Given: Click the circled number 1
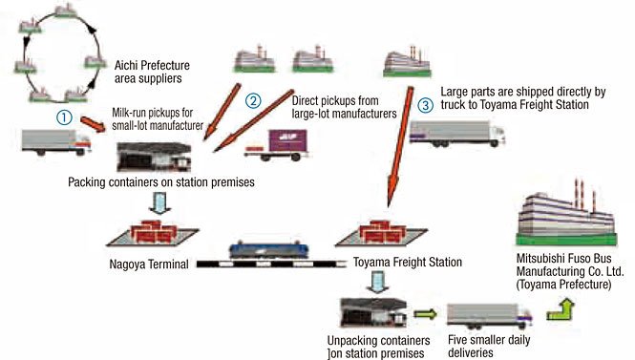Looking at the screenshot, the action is click(x=64, y=117).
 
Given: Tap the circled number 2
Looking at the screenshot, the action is click(x=253, y=100).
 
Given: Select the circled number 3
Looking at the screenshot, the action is click(x=425, y=105).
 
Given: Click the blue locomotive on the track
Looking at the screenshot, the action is click(x=269, y=250).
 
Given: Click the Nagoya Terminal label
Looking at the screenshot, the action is click(x=149, y=265).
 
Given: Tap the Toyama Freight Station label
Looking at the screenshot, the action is click(x=408, y=262).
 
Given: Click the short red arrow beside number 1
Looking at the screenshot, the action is click(x=94, y=124).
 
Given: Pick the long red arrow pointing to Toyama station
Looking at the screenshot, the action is click(x=400, y=147).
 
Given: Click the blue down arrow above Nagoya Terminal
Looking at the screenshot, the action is click(x=160, y=202).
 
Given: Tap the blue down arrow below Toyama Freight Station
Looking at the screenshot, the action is click(x=377, y=283).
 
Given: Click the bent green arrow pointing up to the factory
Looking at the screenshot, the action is click(x=561, y=309).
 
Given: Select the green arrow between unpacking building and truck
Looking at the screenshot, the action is click(x=426, y=313).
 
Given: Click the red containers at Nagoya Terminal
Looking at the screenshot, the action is click(x=153, y=233).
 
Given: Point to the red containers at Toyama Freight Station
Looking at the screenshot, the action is click(x=382, y=232).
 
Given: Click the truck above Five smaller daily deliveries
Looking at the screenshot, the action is click(x=489, y=316).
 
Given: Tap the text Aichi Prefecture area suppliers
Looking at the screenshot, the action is click(x=152, y=72).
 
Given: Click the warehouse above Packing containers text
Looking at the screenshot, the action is click(x=154, y=157).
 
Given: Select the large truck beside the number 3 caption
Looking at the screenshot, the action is click(x=457, y=134).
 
